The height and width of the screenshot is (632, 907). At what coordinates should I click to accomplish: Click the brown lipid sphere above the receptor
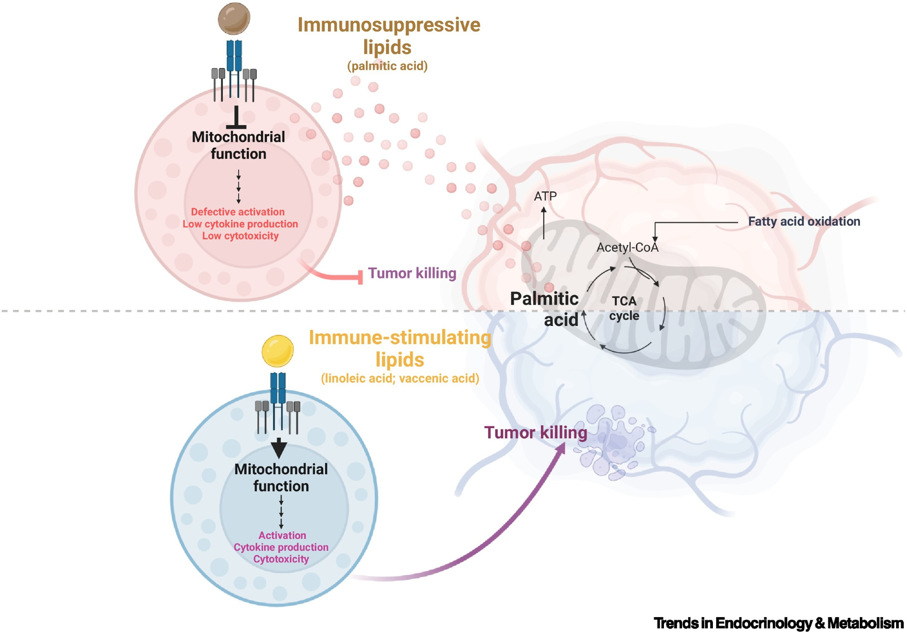234,19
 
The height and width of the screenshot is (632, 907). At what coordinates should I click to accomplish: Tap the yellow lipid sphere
278,351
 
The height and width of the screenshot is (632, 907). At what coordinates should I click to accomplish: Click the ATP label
545,196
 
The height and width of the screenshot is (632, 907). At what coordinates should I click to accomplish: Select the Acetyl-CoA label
627,248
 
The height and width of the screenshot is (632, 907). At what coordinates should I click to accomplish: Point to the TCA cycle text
624,308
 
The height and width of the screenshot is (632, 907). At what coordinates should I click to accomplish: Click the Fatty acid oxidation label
804,222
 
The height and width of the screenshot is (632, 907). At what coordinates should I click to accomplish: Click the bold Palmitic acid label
544,309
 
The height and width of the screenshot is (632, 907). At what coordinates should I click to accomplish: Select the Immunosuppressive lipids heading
389,36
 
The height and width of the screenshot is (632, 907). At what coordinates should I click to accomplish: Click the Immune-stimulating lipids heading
400,348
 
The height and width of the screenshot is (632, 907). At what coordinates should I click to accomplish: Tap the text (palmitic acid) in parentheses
387,66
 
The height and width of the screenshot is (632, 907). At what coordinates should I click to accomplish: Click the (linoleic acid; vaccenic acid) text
400,379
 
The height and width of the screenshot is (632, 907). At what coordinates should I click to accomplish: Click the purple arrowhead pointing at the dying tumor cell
561,447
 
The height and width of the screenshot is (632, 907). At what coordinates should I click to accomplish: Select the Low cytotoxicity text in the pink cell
240,236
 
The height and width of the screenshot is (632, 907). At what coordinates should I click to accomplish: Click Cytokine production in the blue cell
281,547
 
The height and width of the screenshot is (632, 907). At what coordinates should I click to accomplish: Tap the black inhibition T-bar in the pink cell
236,119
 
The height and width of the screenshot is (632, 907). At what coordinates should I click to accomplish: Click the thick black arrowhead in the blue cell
279,448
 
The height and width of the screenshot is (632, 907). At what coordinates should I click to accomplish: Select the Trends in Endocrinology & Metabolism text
778,623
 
